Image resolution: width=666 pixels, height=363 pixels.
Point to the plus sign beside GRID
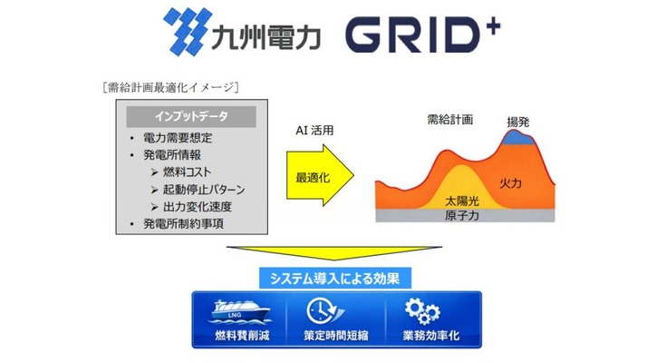(493, 20)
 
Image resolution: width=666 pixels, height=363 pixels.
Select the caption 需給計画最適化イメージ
(171, 88)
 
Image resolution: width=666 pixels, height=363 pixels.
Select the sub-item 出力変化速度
(205, 206)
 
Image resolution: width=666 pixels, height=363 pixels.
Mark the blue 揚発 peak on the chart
(518, 138)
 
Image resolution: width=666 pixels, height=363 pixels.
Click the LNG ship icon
(235, 313)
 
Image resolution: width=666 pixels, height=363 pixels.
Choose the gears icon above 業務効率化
(421, 312)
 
